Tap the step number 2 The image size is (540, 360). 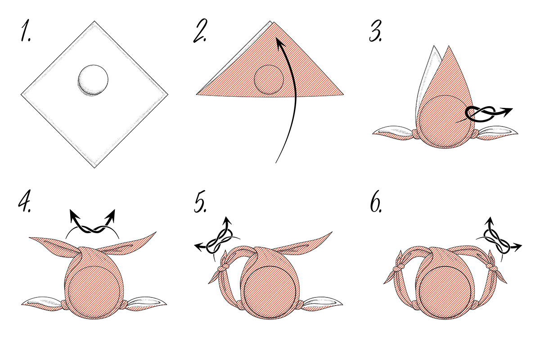pos(201,31)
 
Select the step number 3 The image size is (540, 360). pos(376,31)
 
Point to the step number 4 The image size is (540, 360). pos(25,201)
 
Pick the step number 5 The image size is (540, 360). pos(201,201)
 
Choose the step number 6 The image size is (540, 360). pos(376,201)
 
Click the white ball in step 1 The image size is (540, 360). pos(93,80)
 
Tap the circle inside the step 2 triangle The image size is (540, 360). pos(269,80)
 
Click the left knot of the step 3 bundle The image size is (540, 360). pos(416,134)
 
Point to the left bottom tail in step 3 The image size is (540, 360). pos(392,133)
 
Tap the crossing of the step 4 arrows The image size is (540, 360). pos(93,229)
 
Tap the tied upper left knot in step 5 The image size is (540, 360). pos(224,268)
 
